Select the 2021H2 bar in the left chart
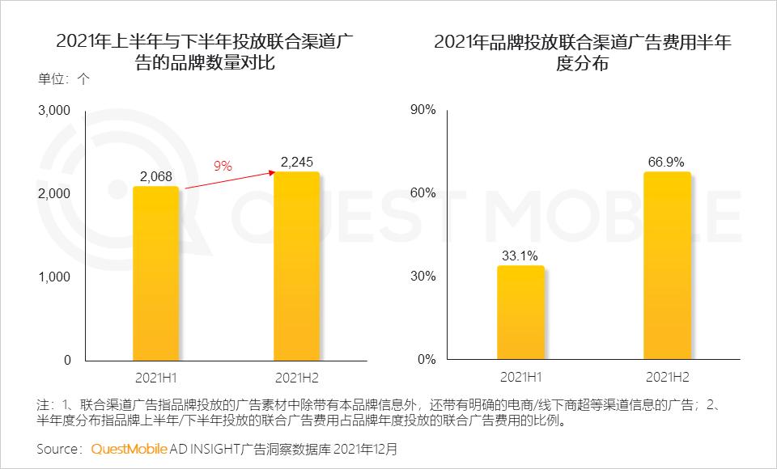click(x=297, y=266)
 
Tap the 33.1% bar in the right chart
click(x=520, y=313)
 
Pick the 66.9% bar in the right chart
click(x=667, y=266)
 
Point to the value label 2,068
click(x=155, y=177)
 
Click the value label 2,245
click(x=297, y=163)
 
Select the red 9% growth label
click(x=223, y=166)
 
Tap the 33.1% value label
click(x=520, y=257)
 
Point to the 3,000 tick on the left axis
click(x=54, y=110)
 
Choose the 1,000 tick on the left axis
click(x=54, y=277)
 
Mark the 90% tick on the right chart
click(x=423, y=110)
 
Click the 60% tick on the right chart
click(x=423, y=193)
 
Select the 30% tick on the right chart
click(x=423, y=277)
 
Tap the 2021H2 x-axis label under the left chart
click(x=297, y=378)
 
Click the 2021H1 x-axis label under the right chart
click(x=520, y=378)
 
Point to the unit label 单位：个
click(x=64, y=79)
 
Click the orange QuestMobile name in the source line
click(x=129, y=447)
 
